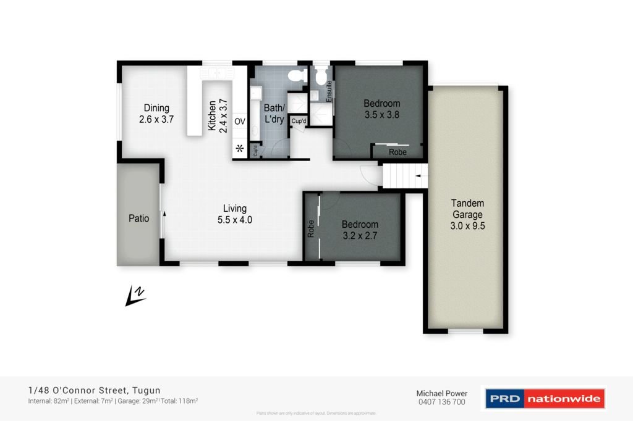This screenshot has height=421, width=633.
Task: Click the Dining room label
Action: pos(156,108)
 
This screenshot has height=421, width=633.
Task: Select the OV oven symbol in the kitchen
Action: pos(240,122)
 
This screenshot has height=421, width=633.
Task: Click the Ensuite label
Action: pos(329,91)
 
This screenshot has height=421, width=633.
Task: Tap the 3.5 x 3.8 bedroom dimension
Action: pos(381,114)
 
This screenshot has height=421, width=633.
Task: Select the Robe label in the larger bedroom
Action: pos(397,152)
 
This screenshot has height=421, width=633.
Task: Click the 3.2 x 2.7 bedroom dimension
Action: pos(360,235)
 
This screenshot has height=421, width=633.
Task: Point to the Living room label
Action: pos(235,208)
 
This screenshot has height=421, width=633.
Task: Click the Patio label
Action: pos(138,218)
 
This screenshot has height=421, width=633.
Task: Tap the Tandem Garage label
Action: pos(467,209)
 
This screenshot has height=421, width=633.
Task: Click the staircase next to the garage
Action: pos(405,177)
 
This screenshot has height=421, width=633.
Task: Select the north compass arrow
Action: pos(135,296)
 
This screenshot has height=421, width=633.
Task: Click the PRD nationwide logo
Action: pos(543,399)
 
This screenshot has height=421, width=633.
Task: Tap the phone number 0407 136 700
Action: pos(441,402)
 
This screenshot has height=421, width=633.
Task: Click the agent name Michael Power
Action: pos(441,393)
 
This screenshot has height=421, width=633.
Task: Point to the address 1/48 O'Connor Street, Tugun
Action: pos(95,390)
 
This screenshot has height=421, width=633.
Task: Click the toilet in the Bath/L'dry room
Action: pos(297,75)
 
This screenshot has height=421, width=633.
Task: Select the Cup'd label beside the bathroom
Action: pos(299,121)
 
